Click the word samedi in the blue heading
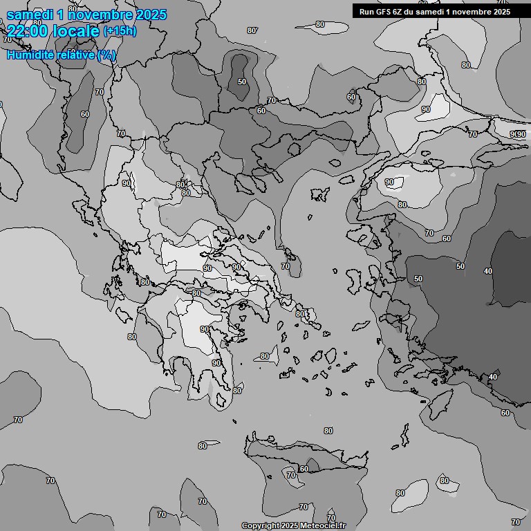tap(29, 15)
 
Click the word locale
tap(76, 31)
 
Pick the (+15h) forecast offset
tap(120, 31)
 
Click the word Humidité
tap(30, 55)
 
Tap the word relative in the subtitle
tap(76, 55)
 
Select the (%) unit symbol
tap(106, 55)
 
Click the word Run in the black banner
tap(367, 11)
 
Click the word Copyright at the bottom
tap(260, 525)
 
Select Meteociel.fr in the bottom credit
tap(321, 525)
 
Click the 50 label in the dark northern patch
tap(241, 82)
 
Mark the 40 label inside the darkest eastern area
tap(488, 271)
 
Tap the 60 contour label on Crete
tap(304, 469)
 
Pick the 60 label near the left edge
tap(84, 114)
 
